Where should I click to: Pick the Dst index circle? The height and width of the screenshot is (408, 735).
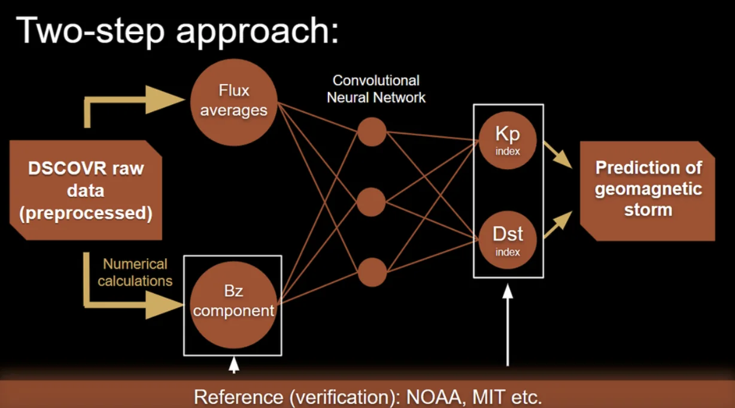tap(508, 241)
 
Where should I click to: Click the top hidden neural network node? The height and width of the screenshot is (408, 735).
tap(372, 132)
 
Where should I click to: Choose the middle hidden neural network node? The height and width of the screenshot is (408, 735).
tap(372, 202)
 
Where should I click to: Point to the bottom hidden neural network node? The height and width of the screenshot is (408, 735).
tap(372, 271)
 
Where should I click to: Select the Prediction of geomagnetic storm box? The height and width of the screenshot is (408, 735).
tap(648, 190)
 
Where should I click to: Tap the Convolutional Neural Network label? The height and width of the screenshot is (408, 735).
tap(376, 89)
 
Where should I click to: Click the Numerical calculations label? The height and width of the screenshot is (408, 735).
tap(135, 272)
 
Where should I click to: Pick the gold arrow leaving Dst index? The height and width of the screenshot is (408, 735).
tap(556, 225)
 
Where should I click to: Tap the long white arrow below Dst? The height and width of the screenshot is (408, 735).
tap(508, 327)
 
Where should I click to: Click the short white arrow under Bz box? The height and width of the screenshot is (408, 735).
tap(234, 365)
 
